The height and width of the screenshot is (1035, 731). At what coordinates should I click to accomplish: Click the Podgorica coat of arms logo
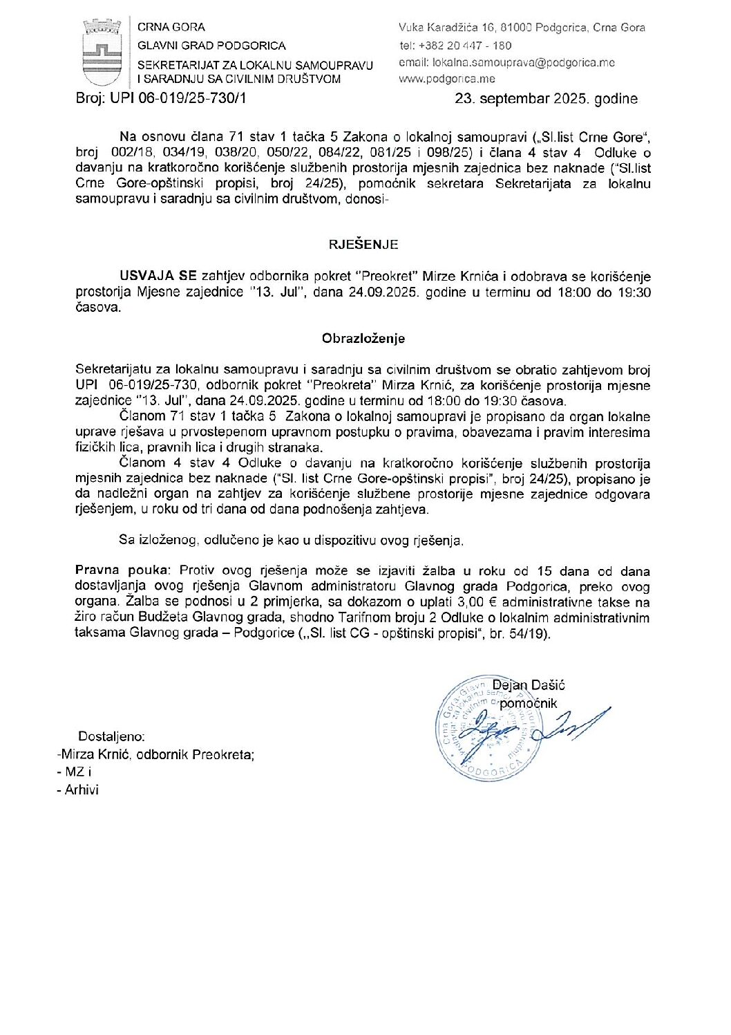tap(102, 53)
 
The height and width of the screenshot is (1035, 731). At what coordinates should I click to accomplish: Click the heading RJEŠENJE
tap(363, 244)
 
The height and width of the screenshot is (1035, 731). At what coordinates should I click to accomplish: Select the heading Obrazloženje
tap(363, 339)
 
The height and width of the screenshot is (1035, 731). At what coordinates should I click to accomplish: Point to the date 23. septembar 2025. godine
tap(546, 98)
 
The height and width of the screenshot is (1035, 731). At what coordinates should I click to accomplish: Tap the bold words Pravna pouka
tap(121, 571)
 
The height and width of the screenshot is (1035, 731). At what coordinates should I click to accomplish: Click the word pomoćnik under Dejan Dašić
tap(529, 703)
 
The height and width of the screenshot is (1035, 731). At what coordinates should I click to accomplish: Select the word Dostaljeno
tap(111, 737)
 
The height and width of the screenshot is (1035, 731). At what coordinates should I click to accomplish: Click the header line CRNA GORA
tap(171, 28)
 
